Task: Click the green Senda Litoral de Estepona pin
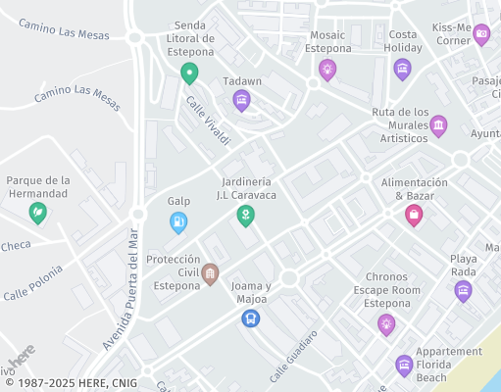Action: click(x=189, y=72)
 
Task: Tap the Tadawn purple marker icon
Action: click(x=241, y=99)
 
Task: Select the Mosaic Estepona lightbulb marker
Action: click(x=327, y=69)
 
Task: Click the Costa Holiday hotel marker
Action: click(x=402, y=69)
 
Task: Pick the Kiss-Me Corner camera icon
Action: click(x=480, y=34)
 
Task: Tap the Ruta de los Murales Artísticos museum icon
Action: click(x=438, y=125)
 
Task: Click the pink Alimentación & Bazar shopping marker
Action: click(x=414, y=214)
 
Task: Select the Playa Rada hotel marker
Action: click(x=463, y=290)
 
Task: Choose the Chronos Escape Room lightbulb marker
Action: click(x=386, y=323)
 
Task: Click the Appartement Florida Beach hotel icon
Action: click(x=404, y=366)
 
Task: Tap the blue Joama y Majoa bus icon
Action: click(x=250, y=318)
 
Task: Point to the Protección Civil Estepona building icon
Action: click(x=209, y=275)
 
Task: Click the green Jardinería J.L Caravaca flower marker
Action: click(x=246, y=215)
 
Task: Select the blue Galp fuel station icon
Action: click(x=178, y=221)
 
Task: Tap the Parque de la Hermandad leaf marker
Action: click(x=38, y=212)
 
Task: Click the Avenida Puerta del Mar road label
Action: click(x=123, y=288)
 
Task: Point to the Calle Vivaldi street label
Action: click(x=208, y=123)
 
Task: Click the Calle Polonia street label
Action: click(x=33, y=282)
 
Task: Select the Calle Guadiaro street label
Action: click(x=294, y=356)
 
